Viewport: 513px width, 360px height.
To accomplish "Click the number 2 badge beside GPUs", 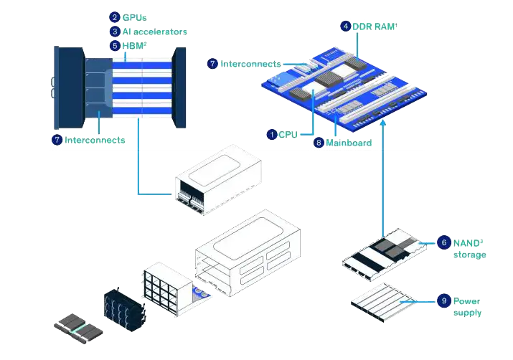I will click(x=114, y=17).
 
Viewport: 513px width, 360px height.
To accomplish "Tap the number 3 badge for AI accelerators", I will click(x=114, y=32).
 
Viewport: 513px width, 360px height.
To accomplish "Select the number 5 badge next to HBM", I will click(x=114, y=45).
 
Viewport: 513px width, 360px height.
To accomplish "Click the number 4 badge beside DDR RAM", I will click(x=346, y=27).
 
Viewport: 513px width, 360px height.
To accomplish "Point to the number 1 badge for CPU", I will click(x=271, y=134).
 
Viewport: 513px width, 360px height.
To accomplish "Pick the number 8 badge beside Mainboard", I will click(x=318, y=143).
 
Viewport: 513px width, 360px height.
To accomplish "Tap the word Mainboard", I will click(x=349, y=143).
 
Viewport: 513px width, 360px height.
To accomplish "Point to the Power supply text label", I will click(x=468, y=307).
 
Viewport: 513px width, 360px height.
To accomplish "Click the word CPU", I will click(x=288, y=134).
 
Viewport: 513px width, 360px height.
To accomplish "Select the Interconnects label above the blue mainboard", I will click(x=250, y=64).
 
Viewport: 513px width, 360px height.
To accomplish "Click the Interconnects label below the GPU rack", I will click(x=95, y=140).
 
